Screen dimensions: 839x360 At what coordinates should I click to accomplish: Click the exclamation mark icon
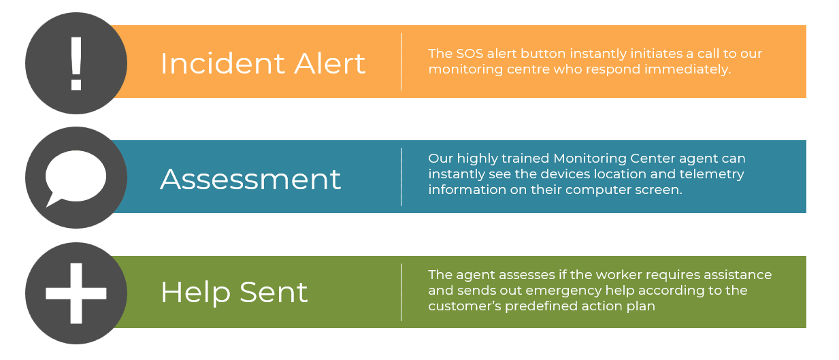[76, 63]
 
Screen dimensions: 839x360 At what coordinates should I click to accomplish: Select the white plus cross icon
[76, 293]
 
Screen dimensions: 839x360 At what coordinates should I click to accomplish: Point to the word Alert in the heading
[329, 63]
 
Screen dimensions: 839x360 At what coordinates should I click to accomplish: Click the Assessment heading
[250, 179]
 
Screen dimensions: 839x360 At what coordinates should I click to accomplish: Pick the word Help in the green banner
[195, 293]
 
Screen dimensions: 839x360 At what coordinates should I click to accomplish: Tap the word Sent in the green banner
[274, 293]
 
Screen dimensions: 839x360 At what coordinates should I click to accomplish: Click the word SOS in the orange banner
[470, 54]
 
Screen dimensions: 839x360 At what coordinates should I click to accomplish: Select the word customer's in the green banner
[465, 306]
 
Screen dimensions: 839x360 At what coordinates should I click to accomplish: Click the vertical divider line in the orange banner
[401, 62]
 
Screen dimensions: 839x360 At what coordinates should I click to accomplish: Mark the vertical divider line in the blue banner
[401, 177]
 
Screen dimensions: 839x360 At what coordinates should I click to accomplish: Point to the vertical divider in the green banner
[401, 292]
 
